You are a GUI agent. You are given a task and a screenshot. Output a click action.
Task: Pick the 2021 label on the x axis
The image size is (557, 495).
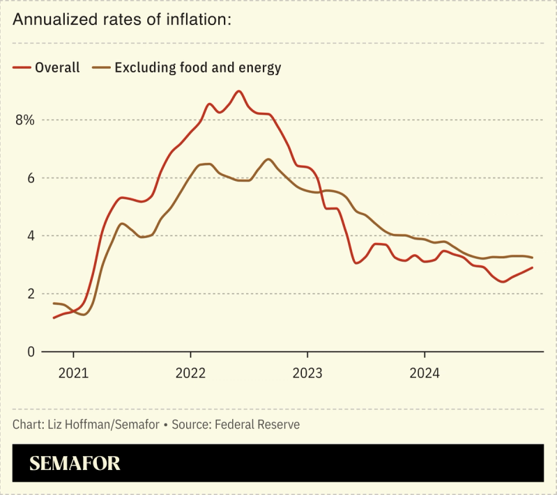(73, 373)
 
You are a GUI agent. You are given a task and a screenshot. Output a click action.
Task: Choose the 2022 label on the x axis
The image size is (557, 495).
(190, 373)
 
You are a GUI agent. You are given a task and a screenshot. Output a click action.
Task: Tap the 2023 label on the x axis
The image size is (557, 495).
(307, 373)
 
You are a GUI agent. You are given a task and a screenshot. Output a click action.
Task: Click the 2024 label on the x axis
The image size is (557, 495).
(425, 373)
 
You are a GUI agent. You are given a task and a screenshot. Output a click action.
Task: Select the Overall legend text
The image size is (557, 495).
(57, 68)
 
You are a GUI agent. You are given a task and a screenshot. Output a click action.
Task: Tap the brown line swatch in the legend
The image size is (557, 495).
(101, 68)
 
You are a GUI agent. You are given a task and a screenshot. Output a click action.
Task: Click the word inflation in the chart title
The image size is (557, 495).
(195, 19)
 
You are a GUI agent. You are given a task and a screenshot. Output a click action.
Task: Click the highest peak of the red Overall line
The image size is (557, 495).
(239, 91)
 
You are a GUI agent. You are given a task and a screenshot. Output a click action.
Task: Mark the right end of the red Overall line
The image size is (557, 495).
(533, 267)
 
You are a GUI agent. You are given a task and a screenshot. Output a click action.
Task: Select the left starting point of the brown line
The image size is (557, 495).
(54, 304)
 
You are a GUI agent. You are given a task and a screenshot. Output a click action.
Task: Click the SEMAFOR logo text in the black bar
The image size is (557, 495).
(75, 463)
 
